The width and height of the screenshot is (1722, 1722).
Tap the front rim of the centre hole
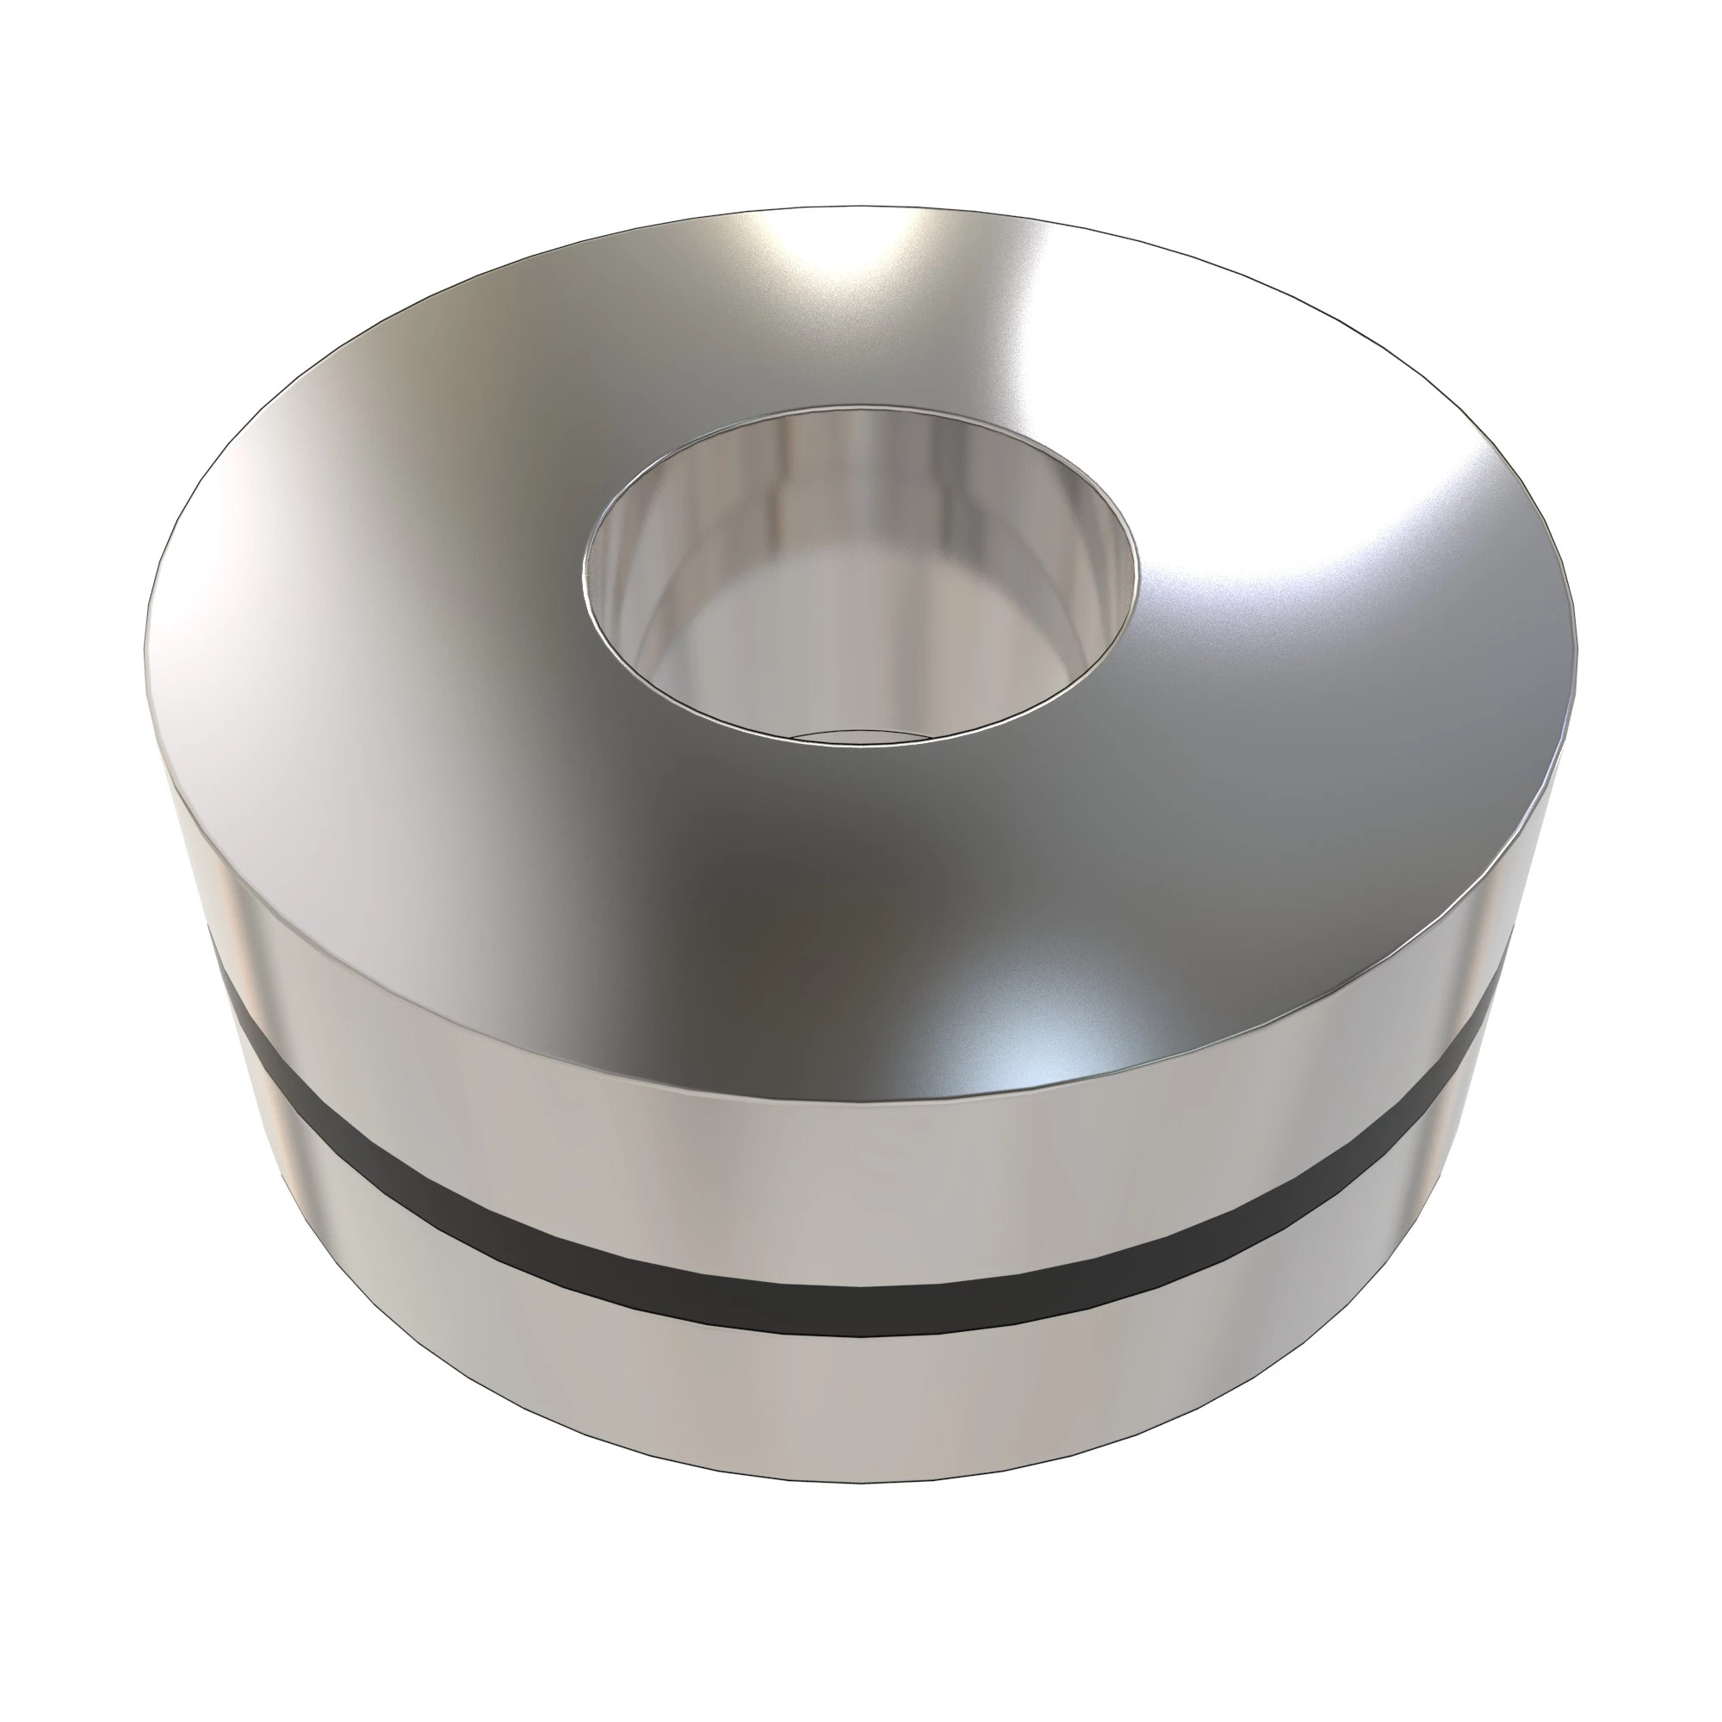pos(860,740)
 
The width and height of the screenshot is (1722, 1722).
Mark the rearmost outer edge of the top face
pos(856,206)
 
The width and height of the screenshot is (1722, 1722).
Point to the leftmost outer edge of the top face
pos(146,660)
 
